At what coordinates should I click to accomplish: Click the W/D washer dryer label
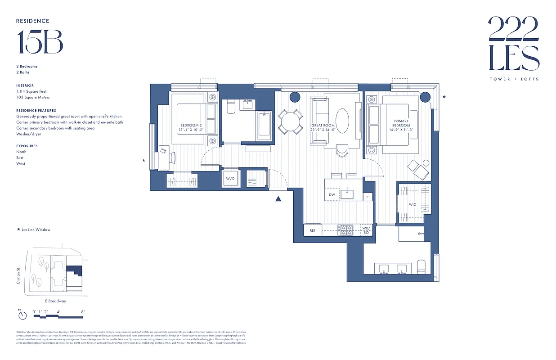tap(230, 179)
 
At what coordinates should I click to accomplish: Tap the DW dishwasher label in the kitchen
tap(332, 194)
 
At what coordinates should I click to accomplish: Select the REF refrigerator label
tap(313, 230)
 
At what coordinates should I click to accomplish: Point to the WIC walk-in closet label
tap(413, 204)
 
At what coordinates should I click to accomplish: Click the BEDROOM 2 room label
tap(191, 127)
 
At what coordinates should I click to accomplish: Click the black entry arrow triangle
tap(278, 198)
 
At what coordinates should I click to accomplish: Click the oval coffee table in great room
tap(342, 120)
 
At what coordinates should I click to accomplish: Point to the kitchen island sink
tap(347, 194)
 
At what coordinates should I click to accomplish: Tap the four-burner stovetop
tap(346, 230)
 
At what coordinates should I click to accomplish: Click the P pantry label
tap(368, 197)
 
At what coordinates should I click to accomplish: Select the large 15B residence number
tap(40, 42)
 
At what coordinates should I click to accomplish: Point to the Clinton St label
tap(18, 276)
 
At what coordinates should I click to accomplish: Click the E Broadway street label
tap(55, 301)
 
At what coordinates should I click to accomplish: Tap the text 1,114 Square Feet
tap(31, 91)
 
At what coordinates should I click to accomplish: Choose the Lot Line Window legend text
tap(36, 229)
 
